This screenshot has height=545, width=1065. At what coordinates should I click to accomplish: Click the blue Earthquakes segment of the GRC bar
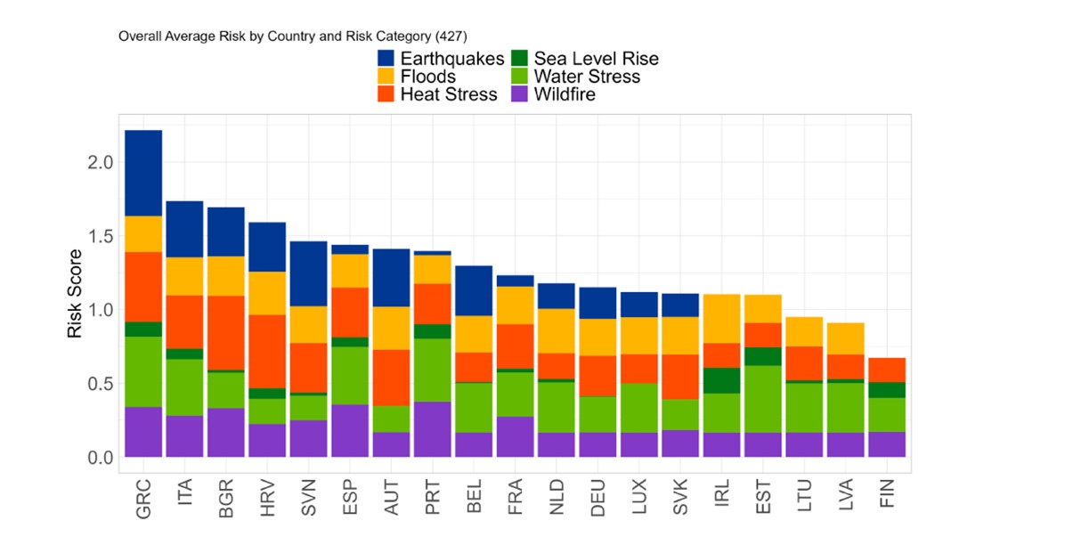(143, 173)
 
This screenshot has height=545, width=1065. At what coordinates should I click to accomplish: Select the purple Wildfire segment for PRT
(431, 429)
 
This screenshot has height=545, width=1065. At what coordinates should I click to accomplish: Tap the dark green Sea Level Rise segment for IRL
(721, 380)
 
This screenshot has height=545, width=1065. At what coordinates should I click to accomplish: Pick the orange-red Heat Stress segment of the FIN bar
(887, 370)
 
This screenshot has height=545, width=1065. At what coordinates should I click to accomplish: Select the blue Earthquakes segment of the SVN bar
(308, 273)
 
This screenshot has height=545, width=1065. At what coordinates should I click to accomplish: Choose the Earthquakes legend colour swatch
(386, 59)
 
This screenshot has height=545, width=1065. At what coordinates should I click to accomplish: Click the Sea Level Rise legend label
(596, 59)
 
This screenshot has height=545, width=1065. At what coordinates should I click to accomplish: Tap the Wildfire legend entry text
(565, 94)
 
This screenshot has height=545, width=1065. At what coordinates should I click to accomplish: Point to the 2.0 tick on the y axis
(101, 163)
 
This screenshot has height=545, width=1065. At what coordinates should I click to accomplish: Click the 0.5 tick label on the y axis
(101, 384)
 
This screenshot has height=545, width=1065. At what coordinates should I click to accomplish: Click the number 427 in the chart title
(451, 37)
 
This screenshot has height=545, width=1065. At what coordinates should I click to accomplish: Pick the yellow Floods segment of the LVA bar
(846, 338)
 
